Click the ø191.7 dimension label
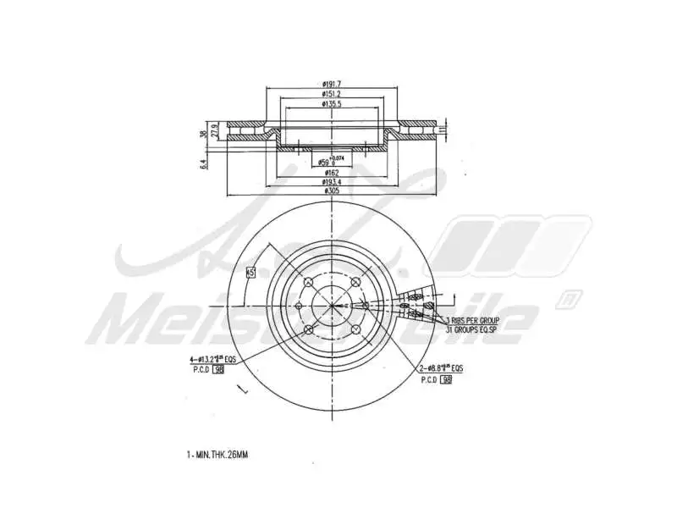click(331, 84)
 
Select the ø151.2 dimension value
click(331, 94)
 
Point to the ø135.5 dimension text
click(331, 105)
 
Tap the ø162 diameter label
click(331, 172)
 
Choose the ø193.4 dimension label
click(331, 181)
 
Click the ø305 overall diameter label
click(331, 191)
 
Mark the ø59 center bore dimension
click(329, 162)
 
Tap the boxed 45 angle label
click(250, 273)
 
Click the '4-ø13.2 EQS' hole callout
click(212, 360)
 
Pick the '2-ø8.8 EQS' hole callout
click(440, 369)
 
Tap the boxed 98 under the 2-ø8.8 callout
click(447, 380)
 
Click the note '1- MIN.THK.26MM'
click(217, 455)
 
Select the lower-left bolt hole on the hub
click(308, 329)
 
